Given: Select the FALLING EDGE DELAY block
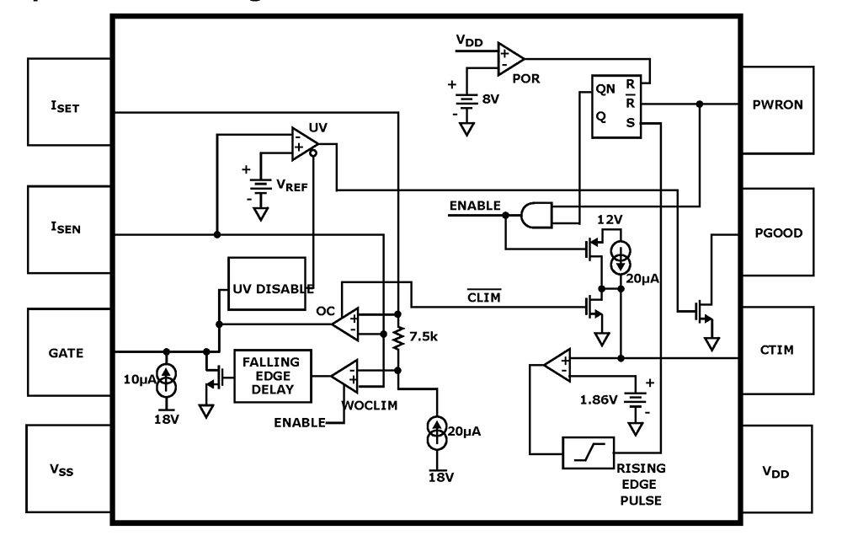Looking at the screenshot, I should coord(272,375).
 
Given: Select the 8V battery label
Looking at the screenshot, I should coord(491,98).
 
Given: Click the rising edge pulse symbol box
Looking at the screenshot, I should coord(588,453).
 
